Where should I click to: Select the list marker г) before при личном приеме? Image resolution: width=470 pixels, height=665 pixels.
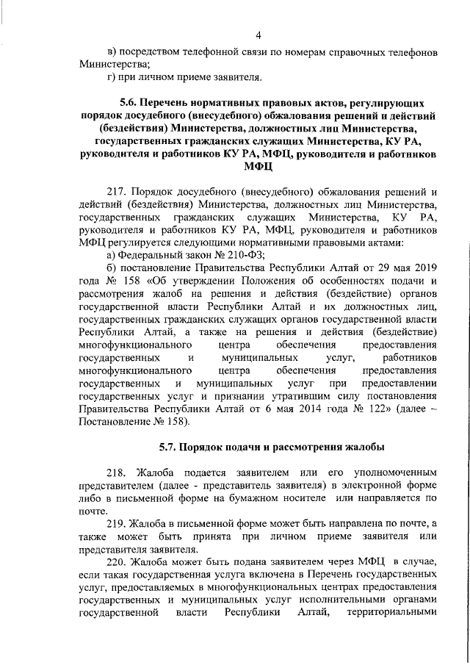point(112,76)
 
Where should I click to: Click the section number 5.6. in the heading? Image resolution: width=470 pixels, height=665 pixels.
point(130,103)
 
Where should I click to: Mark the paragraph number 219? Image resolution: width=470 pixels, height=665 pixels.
point(117,524)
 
